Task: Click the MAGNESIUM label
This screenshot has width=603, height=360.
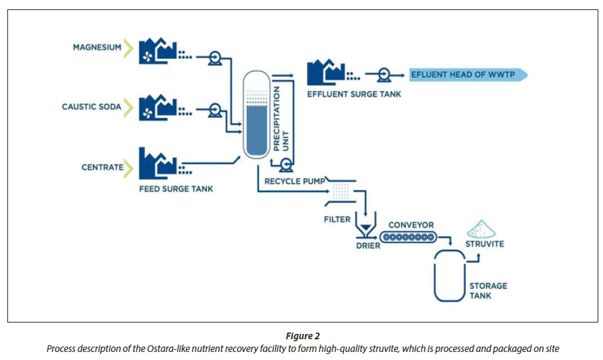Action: coord(97,48)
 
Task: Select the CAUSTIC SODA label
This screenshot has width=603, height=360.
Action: coord(92,107)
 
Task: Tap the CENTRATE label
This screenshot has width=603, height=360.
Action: coord(102,167)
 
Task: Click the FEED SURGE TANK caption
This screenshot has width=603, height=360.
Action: coord(176,189)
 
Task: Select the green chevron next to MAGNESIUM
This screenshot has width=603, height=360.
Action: coord(129,48)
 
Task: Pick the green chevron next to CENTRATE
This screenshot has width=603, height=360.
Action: coord(129,167)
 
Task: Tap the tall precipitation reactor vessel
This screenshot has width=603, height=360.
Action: coord(254,115)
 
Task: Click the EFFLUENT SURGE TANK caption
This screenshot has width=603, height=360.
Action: coord(354,94)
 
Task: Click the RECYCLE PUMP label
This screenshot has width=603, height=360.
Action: coord(294,181)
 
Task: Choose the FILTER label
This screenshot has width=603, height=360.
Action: coord(337,219)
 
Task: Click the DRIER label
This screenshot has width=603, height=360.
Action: coord(368,246)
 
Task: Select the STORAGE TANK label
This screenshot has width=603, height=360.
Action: coord(488,290)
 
